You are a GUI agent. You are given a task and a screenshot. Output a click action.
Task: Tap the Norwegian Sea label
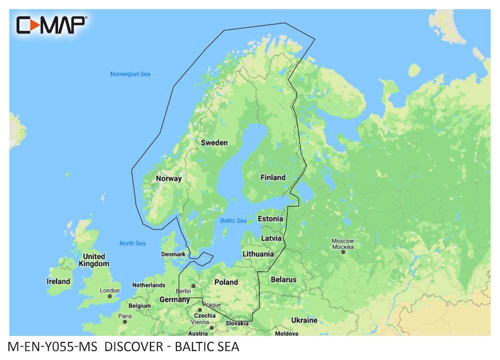(x=130, y=74)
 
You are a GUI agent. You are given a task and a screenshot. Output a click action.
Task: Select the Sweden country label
(x=214, y=143)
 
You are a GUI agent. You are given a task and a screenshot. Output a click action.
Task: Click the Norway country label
(x=168, y=178)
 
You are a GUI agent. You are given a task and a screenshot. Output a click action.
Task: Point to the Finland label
(x=273, y=177)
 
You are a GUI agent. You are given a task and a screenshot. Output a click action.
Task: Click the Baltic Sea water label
(x=233, y=220)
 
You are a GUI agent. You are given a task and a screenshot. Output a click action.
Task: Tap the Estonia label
(x=270, y=219)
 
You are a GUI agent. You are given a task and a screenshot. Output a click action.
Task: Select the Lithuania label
(x=258, y=254)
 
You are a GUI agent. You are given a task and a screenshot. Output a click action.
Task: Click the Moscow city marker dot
(x=343, y=252)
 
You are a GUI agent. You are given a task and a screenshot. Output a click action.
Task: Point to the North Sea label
(x=132, y=243)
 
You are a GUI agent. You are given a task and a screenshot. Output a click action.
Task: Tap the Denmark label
(x=173, y=254)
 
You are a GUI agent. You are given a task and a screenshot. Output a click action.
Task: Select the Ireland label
(x=58, y=281)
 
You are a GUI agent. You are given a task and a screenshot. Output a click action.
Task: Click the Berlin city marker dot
(x=193, y=286)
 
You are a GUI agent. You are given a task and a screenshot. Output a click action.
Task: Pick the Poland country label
(x=226, y=282)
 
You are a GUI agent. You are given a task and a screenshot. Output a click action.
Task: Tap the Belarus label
(x=283, y=279)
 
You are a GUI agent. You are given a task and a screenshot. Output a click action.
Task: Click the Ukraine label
(x=304, y=320)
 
